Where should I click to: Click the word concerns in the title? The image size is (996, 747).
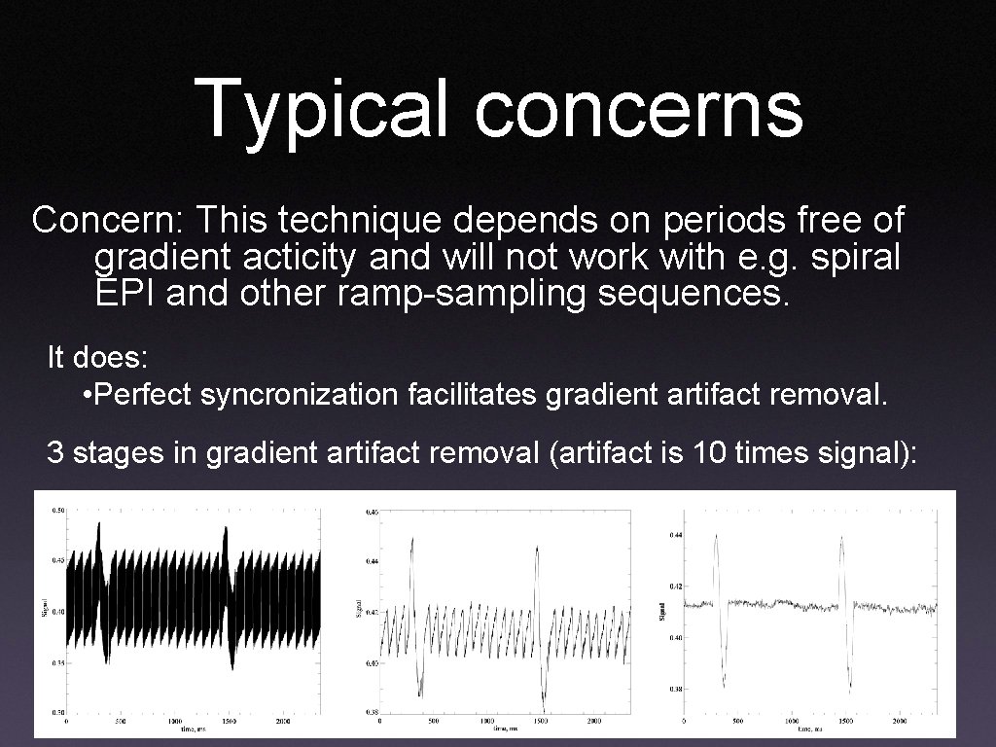[x=639, y=109]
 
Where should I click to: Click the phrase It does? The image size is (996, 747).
[x=97, y=358]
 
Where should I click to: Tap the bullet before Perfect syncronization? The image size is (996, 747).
[x=89, y=395]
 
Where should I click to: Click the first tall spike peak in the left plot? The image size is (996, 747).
[x=98, y=523]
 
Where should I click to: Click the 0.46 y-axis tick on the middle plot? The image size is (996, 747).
[x=373, y=512]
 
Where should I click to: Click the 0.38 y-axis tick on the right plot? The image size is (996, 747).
[x=676, y=689]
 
